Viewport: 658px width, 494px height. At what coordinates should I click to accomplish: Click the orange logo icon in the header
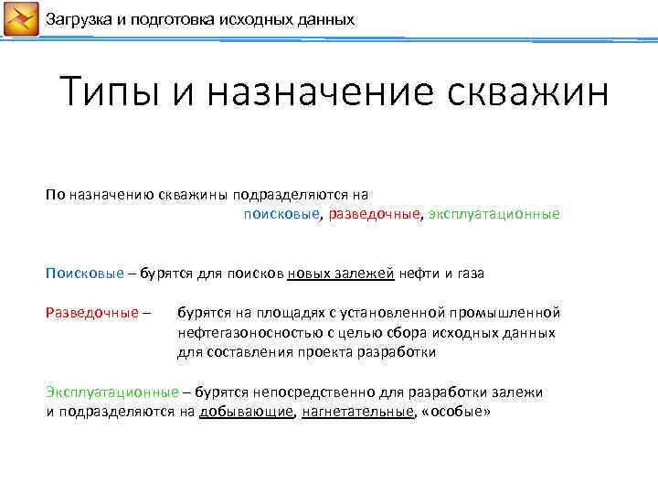20,19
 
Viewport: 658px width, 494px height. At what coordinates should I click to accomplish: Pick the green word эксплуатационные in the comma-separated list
494,214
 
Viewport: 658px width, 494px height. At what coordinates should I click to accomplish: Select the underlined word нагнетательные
357,412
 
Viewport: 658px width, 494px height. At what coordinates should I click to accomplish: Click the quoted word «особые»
455,412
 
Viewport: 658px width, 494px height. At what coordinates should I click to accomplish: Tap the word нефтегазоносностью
243,333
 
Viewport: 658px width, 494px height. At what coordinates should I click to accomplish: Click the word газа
467,274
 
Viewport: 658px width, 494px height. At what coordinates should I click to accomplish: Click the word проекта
333,352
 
